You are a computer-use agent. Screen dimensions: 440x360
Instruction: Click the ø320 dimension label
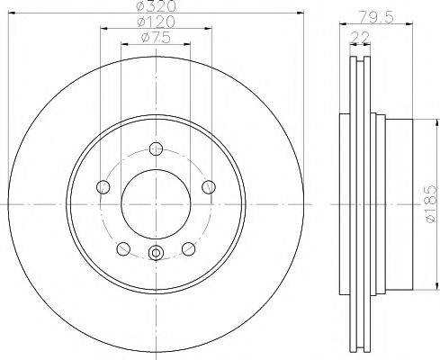[x=156, y=6]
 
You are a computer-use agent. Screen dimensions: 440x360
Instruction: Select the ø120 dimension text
[x=156, y=22]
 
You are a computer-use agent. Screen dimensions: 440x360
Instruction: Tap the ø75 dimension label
[x=156, y=38]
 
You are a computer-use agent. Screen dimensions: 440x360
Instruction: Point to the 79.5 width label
[x=376, y=17]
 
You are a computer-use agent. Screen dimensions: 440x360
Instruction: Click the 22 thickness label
[x=360, y=38]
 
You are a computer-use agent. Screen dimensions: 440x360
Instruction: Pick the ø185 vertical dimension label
[x=431, y=203]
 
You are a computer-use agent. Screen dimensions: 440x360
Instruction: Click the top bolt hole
[x=156, y=148]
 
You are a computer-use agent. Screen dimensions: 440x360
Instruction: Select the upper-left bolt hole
[x=103, y=187]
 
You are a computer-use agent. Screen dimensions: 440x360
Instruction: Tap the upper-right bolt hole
[x=209, y=187]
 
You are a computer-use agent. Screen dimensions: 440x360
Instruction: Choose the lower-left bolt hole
[x=123, y=249]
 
